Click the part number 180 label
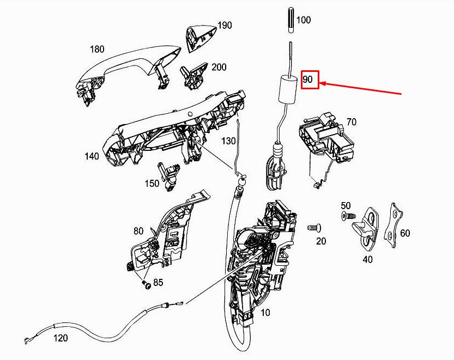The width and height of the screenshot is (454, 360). point(96,50)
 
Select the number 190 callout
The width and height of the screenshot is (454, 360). point(225,26)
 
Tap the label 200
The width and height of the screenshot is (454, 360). point(219,68)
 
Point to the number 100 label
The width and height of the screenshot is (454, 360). point(304,20)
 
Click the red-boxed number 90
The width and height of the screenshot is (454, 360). point(308,80)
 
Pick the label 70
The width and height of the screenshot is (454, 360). point(352,122)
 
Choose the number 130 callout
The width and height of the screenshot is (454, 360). point(229,141)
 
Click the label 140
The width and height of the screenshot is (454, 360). point(92,156)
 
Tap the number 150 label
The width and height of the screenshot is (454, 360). point(152,184)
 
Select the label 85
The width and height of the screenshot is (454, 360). point(158,283)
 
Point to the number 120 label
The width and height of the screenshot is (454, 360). point(60,338)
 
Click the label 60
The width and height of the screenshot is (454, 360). point(405,233)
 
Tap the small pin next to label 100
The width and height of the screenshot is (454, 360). point(289,21)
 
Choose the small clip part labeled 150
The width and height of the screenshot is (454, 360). point(168,175)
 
